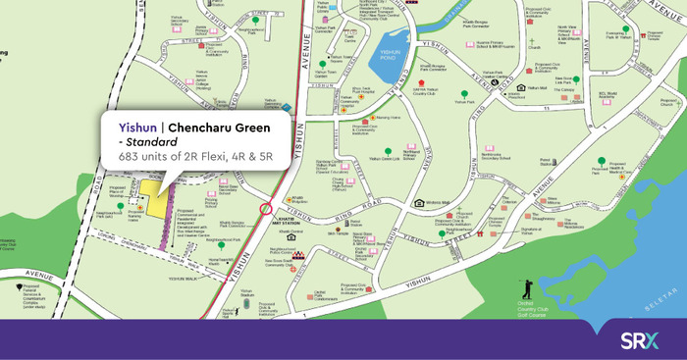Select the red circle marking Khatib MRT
(266, 210)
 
